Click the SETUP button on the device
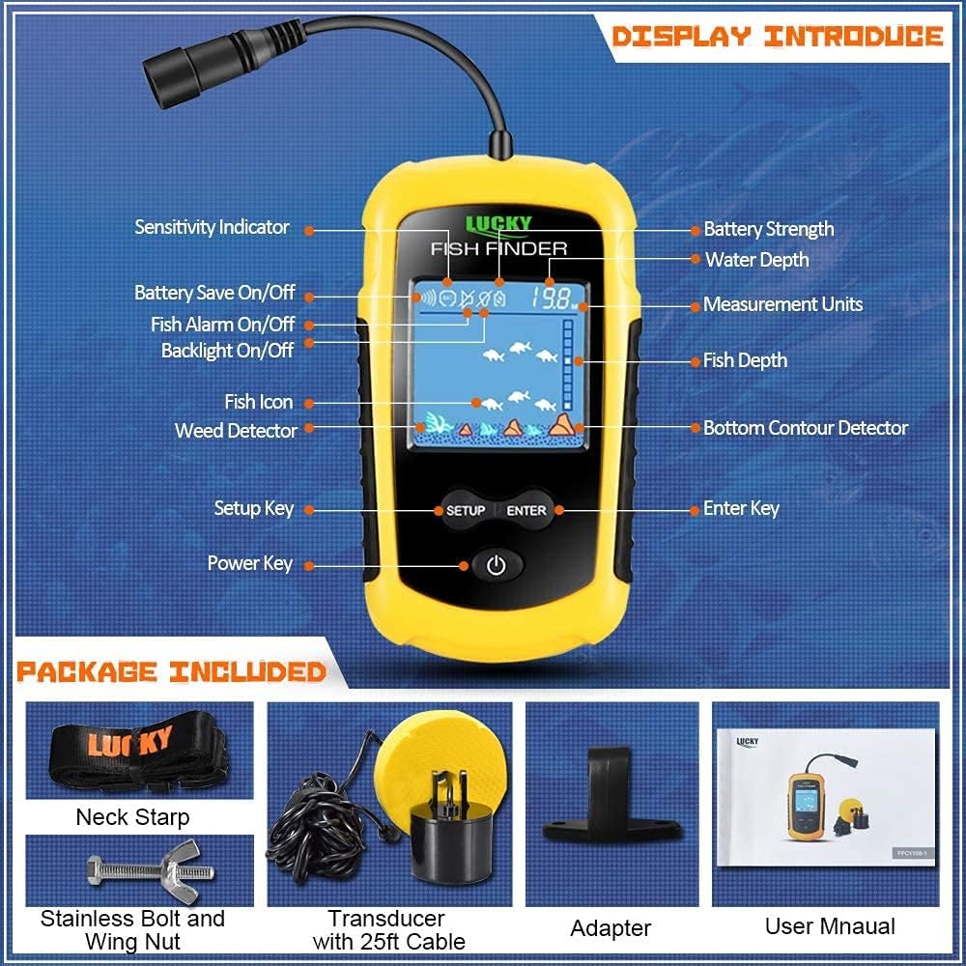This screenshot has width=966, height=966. coord(465,510)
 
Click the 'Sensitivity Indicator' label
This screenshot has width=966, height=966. coord(212,227)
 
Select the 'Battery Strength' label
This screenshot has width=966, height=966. coord(768,229)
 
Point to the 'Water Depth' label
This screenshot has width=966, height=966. coord(756,259)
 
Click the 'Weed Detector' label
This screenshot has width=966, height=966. coord(236,430)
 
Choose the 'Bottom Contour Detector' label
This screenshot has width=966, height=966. coord(806,427)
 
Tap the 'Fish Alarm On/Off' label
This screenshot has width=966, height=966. coord(222,324)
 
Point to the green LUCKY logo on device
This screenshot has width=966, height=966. coord(498,225)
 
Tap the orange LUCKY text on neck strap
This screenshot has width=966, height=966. coord(130,744)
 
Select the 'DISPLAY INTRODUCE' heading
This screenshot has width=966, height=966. coord(778,37)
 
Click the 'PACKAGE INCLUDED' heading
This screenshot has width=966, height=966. coord(171,671)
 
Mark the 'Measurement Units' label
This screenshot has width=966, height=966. coord(782,304)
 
